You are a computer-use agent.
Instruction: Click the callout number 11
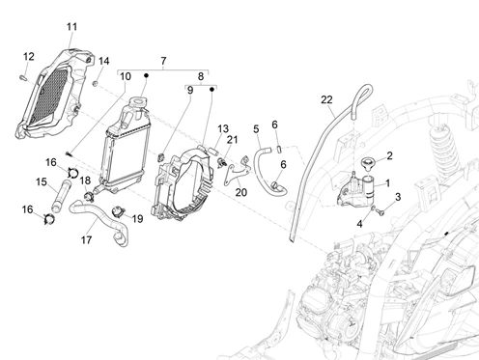pos(72,27)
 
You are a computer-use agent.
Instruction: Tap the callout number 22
pos(326,99)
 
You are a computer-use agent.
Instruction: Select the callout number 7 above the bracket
pos(163,61)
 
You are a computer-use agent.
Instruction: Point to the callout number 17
pos(86,239)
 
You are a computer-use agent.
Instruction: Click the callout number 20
pos(241,192)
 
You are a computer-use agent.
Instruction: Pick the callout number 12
pos(29,57)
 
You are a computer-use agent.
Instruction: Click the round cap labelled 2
pos(367,163)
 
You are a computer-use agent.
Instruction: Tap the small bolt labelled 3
pos(381,212)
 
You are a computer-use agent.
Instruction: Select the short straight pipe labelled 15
pos(60,197)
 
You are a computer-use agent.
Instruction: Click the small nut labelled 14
pos(96,84)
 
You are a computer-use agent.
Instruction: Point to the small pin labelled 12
pos(24,77)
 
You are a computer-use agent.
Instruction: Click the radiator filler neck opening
pos(138,102)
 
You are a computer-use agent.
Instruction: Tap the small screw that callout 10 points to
pos(69,153)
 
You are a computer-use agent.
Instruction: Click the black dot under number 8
pos(211,89)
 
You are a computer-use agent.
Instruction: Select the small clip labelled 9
pos(161,157)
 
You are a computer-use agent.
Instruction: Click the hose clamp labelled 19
pos(118,211)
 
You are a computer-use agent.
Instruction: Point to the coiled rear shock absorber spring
pos(444,145)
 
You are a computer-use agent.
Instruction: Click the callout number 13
pos(223,128)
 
